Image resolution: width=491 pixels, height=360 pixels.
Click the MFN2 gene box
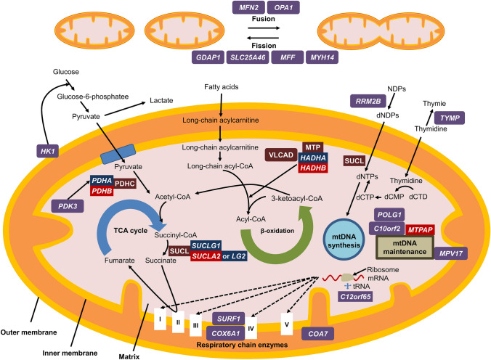point(248,7)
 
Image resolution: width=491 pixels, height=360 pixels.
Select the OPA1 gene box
point(283,7)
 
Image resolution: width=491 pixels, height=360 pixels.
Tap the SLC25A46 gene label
point(248,57)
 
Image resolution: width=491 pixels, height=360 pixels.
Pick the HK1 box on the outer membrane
point(48,152)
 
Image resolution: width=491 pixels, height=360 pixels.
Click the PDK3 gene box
point(68,206)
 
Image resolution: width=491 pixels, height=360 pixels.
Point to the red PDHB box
point(102,191)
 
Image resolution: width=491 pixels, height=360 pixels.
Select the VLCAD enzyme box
point(281,155)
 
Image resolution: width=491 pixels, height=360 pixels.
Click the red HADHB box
point(313,168)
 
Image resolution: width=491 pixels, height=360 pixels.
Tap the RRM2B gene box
point(368,101)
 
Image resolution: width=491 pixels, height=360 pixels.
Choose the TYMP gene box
point(450,118)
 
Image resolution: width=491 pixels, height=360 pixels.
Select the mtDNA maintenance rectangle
point(405,247)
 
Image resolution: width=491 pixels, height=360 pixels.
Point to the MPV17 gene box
point(451,253)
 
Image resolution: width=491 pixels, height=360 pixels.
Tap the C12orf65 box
point(355,296)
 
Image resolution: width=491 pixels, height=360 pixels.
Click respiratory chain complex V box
point(286,324)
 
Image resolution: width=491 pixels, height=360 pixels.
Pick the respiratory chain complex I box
point(160,319)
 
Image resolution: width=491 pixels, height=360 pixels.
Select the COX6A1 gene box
point(225,333)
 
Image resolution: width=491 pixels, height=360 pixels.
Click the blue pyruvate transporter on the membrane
point(118,154)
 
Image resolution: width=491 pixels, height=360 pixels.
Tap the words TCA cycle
point(130,231)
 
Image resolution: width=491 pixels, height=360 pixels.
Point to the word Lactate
point(161,100)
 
